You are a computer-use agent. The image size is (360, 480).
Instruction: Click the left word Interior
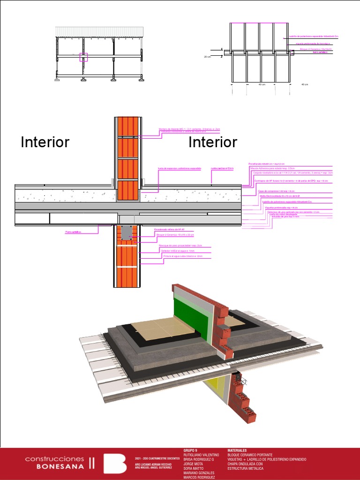[45, 142]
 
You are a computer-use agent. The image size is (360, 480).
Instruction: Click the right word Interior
[213, 142]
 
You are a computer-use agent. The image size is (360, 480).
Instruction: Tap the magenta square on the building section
[84, 58]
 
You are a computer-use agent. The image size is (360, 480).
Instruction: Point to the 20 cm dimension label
[207, 57]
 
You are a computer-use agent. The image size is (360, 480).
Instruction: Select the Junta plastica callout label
[222, 167]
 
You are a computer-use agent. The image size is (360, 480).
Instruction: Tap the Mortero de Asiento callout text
[183, 128]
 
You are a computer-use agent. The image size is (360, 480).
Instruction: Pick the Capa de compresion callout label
[274, 191]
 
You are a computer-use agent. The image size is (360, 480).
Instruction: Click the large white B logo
[114, 463]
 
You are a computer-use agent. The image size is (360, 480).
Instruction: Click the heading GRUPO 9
[190, 450]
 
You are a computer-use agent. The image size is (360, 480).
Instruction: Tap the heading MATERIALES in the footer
[237, 450]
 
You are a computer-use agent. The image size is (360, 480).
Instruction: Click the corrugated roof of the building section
[99, 31]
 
